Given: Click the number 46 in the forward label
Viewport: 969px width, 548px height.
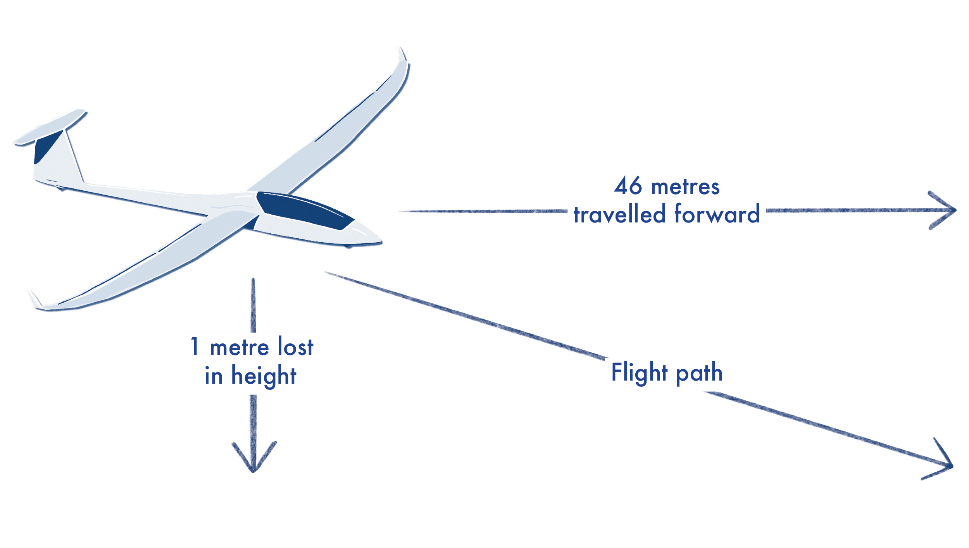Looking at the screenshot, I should pos(628,186).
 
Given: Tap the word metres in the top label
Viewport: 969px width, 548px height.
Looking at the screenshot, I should pos(685,187).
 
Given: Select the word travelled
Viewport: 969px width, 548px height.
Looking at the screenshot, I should pos(619,214).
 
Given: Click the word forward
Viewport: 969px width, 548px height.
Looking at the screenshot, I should pos(717,214).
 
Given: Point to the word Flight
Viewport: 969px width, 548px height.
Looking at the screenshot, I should pos(639,372).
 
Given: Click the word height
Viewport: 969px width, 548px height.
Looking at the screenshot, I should pos(264,376).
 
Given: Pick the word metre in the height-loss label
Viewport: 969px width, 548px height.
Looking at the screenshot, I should pos(240,347).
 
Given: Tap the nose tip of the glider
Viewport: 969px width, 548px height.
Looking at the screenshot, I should pos(381,241).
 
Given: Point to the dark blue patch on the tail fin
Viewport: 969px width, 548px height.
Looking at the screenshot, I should pos(47,147).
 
